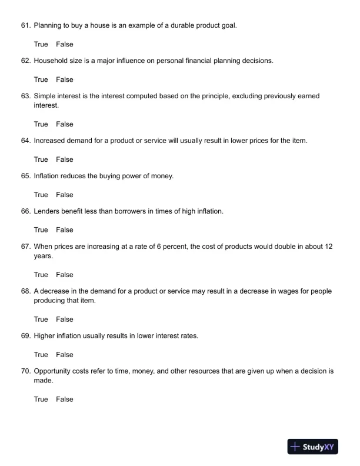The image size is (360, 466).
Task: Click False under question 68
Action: pos(65,319)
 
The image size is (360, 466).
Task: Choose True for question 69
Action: pos(41,355)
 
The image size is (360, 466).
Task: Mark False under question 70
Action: pos(65,400)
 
